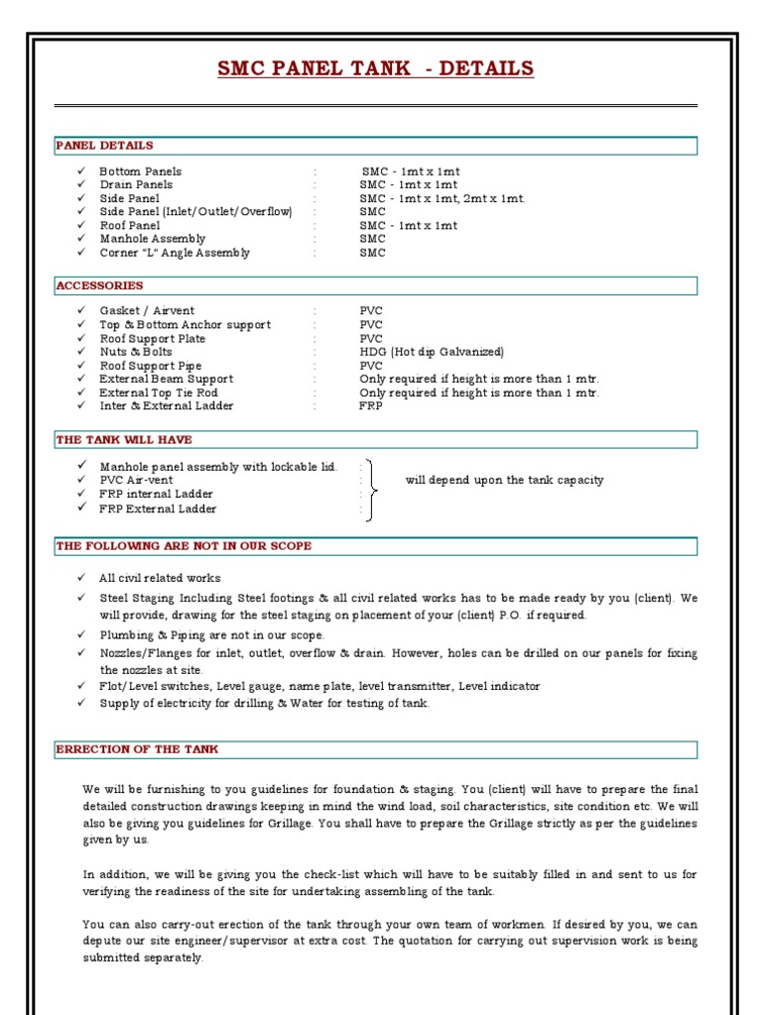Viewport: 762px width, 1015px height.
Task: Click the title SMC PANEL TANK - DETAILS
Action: (x=376, y=68)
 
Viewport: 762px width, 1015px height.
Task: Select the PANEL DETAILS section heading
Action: (x=104, y=146)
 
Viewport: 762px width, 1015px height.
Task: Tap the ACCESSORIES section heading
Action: (x=100, y=285)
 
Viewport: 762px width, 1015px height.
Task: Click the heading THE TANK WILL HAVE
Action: (x=124, y=439)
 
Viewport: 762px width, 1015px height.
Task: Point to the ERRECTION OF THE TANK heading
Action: (x=137, y=749)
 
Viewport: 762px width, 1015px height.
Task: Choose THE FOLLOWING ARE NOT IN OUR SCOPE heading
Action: (x=184, y=546)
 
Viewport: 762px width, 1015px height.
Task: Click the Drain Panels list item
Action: (x=136, y=184)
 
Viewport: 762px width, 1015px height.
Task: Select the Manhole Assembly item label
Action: (x=153, y=239)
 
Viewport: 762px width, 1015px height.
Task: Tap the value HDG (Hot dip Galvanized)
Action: (x=432, y=352)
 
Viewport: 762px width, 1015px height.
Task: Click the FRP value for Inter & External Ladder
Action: (x=370, y=405)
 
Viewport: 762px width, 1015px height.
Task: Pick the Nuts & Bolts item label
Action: (x=136, y=352)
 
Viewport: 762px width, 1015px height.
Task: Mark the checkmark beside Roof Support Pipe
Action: (x=81, y=366)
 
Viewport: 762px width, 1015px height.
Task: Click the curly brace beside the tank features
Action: (x=370, y=489)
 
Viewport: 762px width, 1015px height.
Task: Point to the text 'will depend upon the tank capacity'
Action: (x=504, y=480)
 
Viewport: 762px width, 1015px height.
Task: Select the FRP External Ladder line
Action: (x=158, y=508)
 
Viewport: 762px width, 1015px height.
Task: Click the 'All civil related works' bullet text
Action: (x=160, y=578)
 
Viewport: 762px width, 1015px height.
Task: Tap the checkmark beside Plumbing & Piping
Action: (x=81, y=634)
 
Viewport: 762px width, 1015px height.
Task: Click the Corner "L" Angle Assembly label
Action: (x=175, y=253)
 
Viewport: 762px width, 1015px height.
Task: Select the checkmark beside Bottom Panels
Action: (x=81, y=171)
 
